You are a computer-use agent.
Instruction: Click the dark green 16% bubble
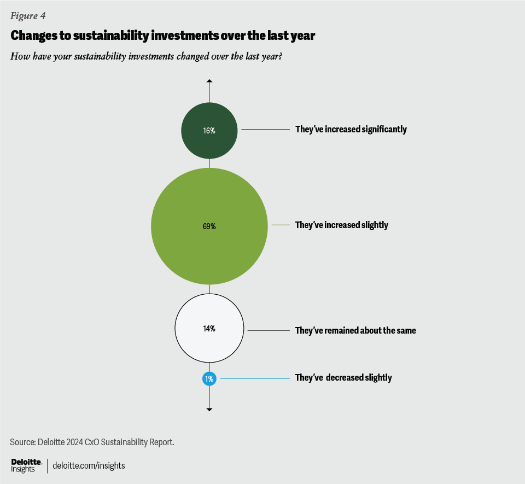point(209,131)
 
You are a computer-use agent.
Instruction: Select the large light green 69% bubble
point(209,226)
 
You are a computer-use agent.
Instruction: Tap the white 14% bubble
point(209,329)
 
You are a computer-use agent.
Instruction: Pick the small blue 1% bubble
point(209,378)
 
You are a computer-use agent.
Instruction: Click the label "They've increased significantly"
point(351,130)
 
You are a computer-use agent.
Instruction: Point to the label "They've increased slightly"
point(341,225)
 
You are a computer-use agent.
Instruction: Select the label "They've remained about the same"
point(355,330)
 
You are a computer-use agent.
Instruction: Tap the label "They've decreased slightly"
point(343,377)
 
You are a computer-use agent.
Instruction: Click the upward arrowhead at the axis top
point(209,81)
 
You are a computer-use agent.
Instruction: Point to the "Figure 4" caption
point(28,15)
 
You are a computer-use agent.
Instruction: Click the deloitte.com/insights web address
point(89,465)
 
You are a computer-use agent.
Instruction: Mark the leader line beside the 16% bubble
point(265,130)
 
